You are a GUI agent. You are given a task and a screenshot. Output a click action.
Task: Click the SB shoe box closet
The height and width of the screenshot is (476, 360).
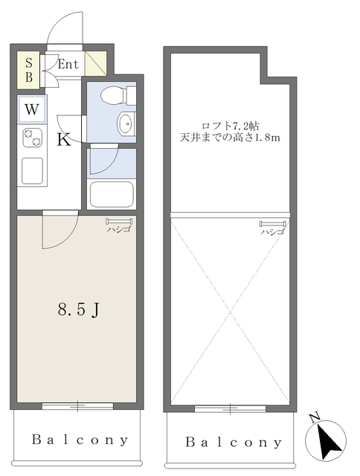click(x=28, y=70)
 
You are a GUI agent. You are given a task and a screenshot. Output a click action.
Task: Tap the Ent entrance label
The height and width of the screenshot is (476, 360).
click(x=68, y=64)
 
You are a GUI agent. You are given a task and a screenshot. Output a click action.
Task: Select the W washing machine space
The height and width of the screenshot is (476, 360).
click(x=32, y=109)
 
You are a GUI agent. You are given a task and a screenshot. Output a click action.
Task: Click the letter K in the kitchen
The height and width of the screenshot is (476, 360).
click(x=64, y=140)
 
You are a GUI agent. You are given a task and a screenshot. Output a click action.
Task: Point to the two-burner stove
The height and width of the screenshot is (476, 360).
click(x=32, y=138)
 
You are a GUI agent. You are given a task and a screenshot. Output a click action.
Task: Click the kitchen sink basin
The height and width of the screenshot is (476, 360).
click(x=32, y=170)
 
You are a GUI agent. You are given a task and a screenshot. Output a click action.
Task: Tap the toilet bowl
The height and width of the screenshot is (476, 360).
click(x=112, y=95)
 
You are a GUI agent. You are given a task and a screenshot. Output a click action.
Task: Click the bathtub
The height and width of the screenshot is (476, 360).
click(x=112, y=195)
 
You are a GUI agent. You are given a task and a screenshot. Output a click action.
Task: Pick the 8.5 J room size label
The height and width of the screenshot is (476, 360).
click(x=79, y=309)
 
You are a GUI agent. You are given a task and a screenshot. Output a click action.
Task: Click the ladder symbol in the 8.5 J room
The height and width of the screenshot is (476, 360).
click(x=119, y=222)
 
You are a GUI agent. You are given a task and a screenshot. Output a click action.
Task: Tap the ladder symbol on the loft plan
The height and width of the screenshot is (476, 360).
click(x=272, y=225)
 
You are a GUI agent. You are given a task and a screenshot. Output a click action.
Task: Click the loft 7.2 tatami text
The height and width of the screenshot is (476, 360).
click(x=230, y=126)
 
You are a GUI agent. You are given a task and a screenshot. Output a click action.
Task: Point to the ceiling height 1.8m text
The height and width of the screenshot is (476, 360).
click(x=230, y=138)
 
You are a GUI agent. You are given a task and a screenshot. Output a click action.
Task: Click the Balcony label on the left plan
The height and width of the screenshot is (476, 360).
click(x=80, y=440)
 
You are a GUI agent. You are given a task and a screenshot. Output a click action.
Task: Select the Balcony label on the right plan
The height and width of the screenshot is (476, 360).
click(x=234, y=443)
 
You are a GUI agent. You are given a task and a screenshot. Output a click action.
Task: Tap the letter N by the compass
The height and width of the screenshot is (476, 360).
click(x=315, y=418)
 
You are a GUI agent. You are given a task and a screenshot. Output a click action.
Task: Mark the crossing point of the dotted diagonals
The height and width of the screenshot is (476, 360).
click(x=230, y=312)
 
